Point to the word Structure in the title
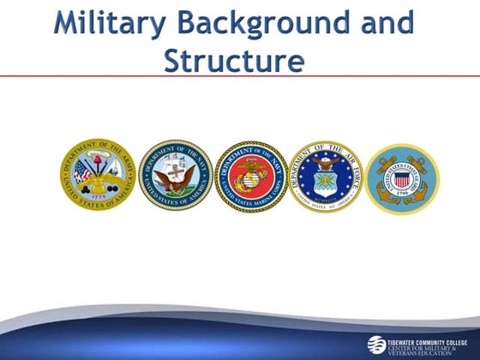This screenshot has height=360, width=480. [x=234, y=61]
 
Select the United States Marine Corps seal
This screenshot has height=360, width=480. [x=250, y=177]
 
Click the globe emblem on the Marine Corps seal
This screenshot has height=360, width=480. [x=250, y=177]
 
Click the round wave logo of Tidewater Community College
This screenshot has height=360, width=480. [x=377, y=344]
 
